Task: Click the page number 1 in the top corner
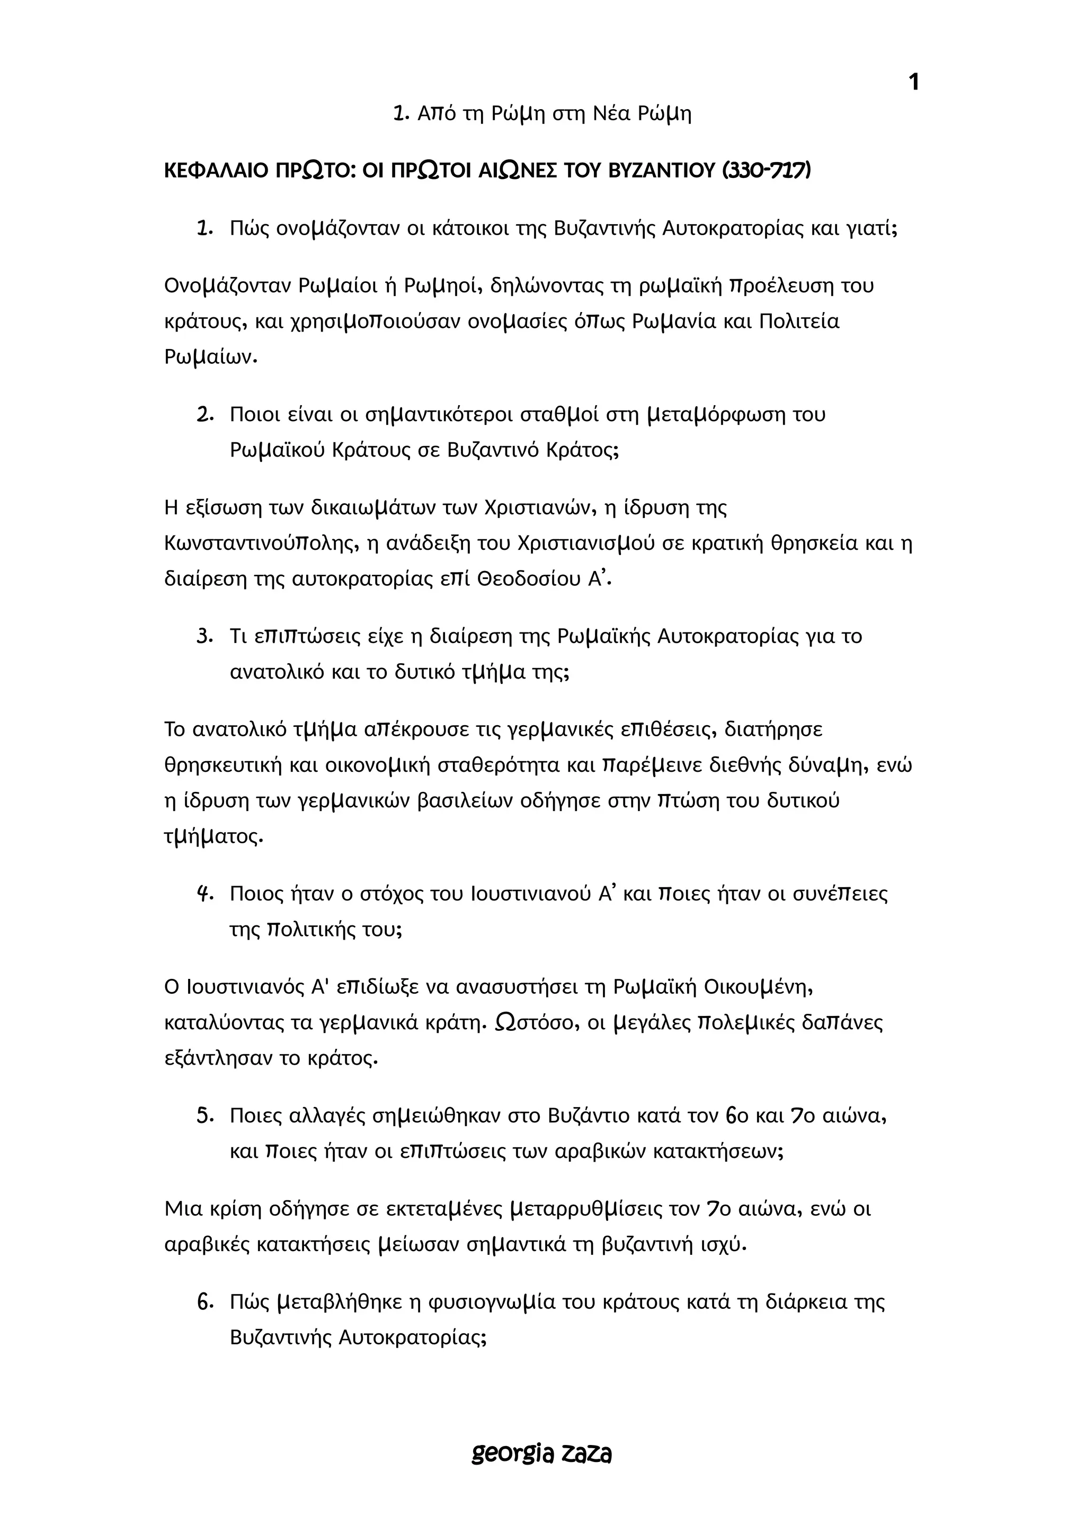(x=914, y=82)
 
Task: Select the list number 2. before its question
(x=204, y=415)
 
